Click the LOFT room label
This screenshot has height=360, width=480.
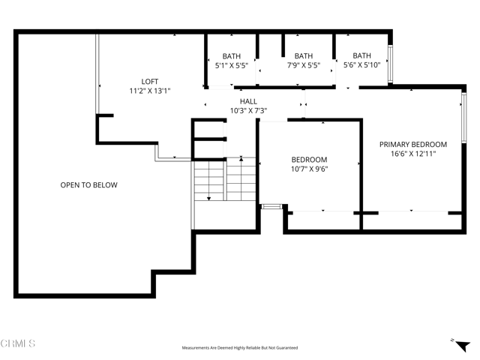click(x=150, y=82)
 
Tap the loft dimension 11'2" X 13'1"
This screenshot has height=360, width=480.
click(x=150, y=91)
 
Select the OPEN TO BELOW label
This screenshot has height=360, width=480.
click(x=88, y=184)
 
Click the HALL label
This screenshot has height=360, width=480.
click(x=248, y=101)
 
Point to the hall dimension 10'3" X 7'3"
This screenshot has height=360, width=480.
click(x=248, y=110)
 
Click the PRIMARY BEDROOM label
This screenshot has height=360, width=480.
click(x=412, y=145)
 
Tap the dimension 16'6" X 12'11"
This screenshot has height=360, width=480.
click(x=412, y=154)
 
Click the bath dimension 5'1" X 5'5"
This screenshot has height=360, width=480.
click(x=231, y=65)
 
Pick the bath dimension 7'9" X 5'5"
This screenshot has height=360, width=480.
click(x=303, y=65)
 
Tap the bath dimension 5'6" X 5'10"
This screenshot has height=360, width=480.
click(x=361, y=65)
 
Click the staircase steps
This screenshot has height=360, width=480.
click(x=225, y=184)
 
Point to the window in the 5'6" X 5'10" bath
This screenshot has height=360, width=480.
click(x=389, y=58)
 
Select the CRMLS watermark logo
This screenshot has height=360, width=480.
click(x=18, y=343)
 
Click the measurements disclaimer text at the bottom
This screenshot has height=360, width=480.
click(x=239, y=348)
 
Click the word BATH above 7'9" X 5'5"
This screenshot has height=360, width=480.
click(x=303, y=55)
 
